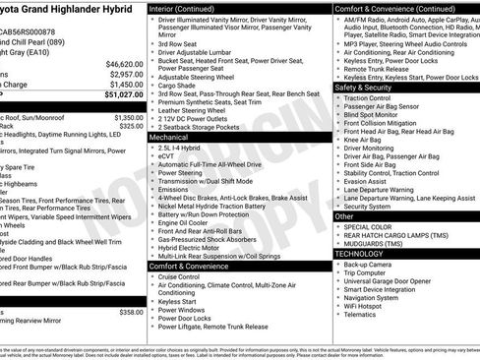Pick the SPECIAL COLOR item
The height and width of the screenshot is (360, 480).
[369, 227]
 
